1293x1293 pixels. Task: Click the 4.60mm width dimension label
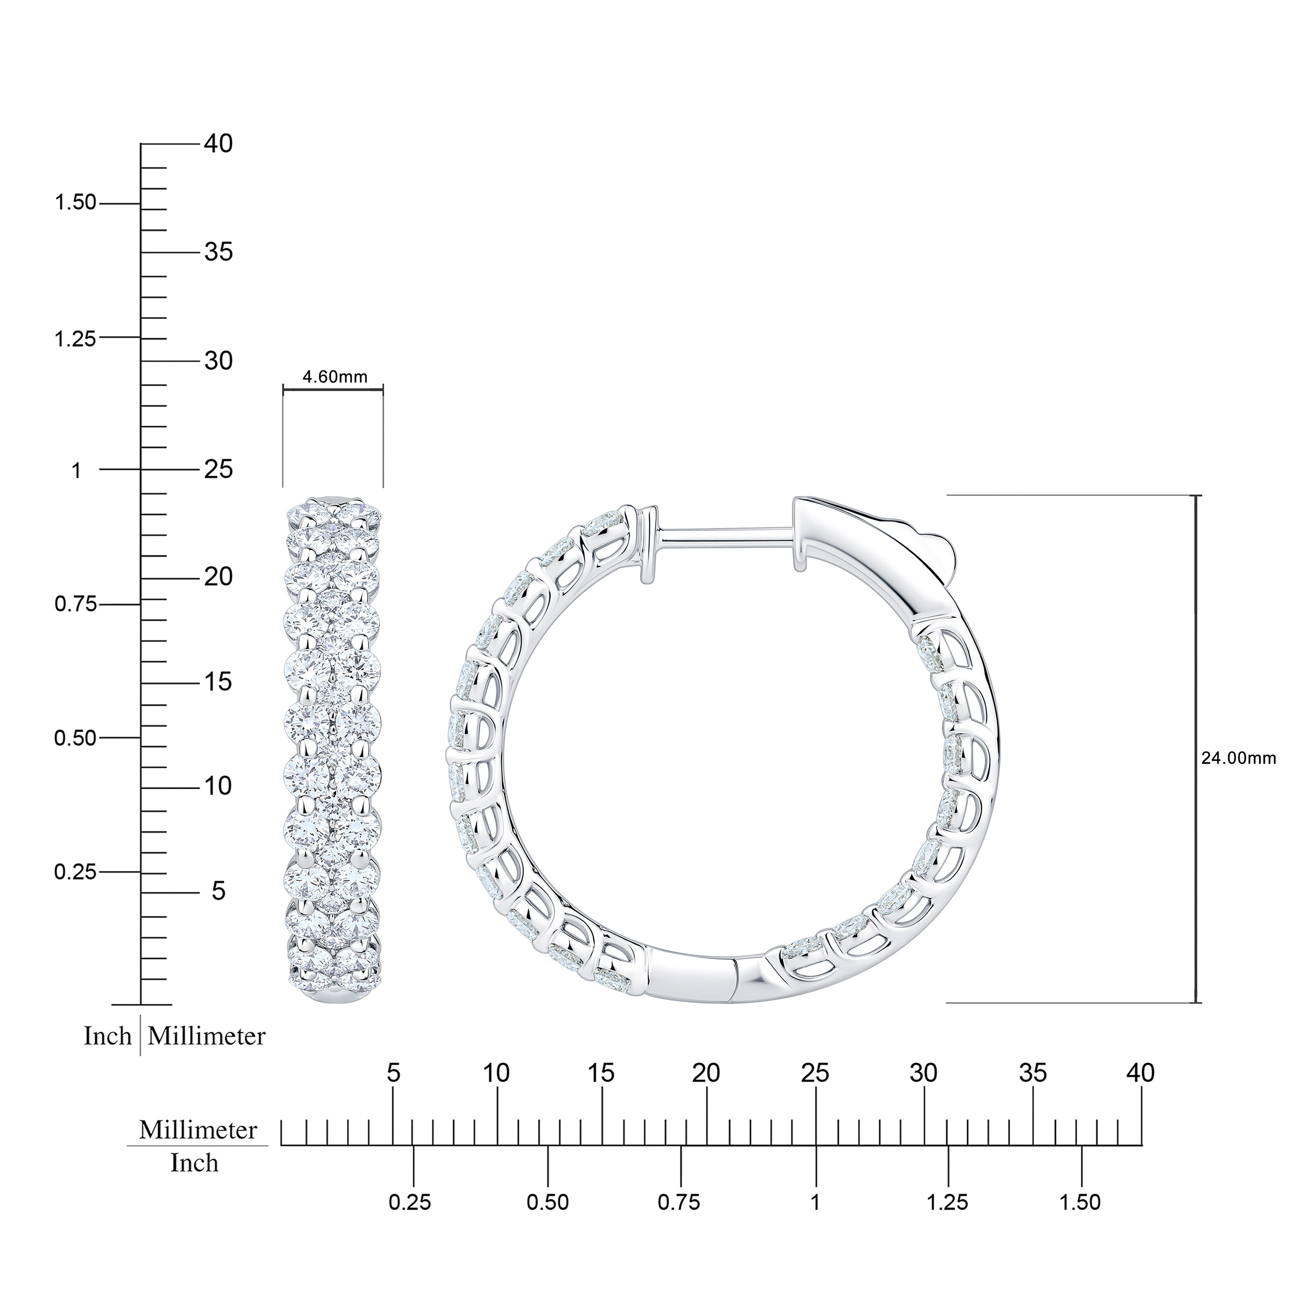(x=335, y=378)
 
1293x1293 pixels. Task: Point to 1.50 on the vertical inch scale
(x=75, y=202)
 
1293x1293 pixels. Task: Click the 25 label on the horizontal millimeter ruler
(x=815, y=1092)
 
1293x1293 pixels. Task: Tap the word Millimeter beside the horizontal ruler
(x=198, y=1130)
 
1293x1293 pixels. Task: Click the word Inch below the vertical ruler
(x=107, y=1036)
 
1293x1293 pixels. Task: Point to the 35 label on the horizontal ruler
(x=1033, y=1092)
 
